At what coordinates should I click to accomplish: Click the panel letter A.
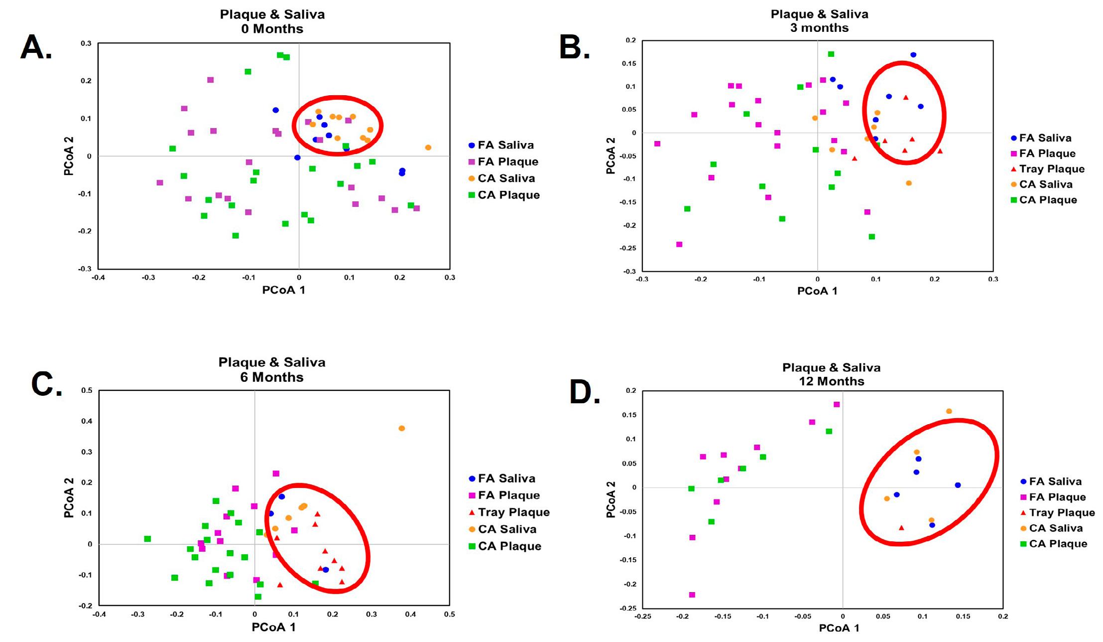click(x=36, y=48)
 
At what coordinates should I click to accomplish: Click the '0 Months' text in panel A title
click(x=272, y=29)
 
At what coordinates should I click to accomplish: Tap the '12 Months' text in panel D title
click(x=831, y=381)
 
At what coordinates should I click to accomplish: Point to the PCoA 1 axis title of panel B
click(x=817, y=291)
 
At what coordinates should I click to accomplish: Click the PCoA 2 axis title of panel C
click(x=69, y=497)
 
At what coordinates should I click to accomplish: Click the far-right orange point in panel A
click(x=428, y=148)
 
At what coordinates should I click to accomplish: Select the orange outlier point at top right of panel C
click(x=402, y=428)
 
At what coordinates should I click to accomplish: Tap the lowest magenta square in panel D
click(x=692, y=595)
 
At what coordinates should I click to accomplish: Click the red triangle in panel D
click(x=901, y=527)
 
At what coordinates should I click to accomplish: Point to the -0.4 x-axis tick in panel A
click(x=98, y=278)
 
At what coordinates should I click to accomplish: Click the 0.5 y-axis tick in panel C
click(x=87, y=390)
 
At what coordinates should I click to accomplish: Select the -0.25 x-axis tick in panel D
click(x=643, y=617)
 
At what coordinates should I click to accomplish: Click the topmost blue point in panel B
click(x=913, y=55)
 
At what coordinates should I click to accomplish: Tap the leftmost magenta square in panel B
click(x=657, y=144)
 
